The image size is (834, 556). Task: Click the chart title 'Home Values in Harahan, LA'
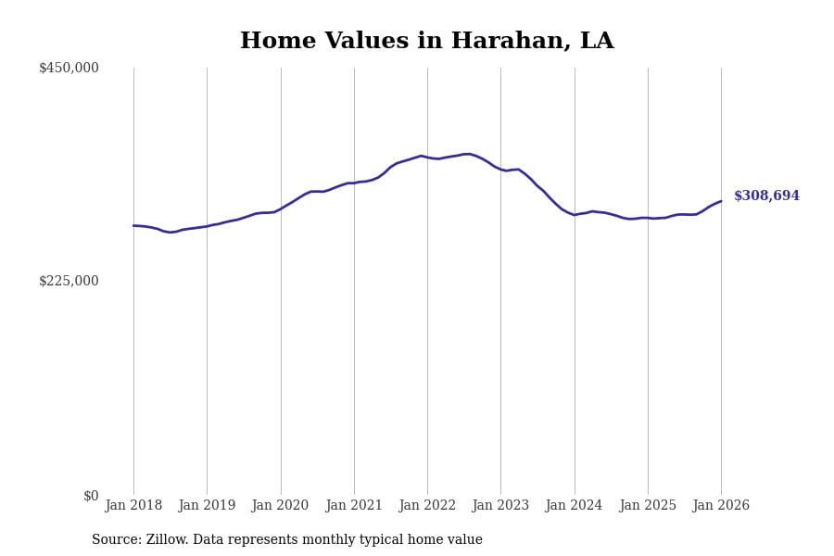click(x=426, y=42)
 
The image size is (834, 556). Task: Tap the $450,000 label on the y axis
click(x=69, y=68)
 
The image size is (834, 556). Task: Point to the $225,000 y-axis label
click(x=69, y=281)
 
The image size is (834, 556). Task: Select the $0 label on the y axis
click(x=91, y=496)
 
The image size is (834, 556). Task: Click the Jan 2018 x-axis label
click(x=133, y=505)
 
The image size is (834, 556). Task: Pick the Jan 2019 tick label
click(x=207, y=505)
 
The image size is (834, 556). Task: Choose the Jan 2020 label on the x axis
click(x=280, y=505)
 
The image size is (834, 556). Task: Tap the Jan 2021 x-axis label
click(x=354, y=505)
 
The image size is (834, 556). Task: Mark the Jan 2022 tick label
click(x=427, y=505)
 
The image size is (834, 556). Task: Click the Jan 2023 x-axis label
click(x=500, y=505)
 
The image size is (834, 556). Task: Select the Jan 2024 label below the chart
click(x=574, y=505)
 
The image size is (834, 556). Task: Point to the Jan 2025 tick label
click(x=648, y=505)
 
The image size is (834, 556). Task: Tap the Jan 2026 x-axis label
click(x=721, y=505)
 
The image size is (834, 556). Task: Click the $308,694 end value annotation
click(x=766, y=196)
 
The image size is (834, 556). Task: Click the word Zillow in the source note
click(x=167, y=540)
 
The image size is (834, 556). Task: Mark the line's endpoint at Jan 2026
click(x=721, y=201)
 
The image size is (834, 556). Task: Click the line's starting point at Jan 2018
click(x=133, y=225)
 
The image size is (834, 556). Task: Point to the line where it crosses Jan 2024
click(x=575, y=215)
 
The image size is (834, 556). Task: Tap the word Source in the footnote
click(x=116, y=540)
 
